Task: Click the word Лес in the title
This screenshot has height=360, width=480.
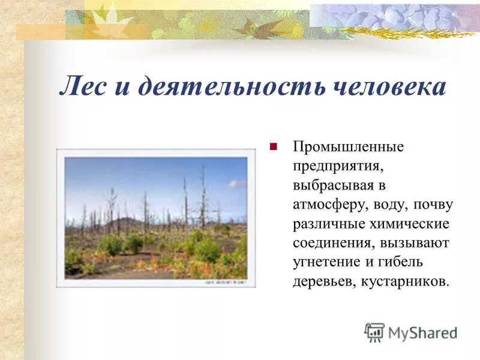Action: pyautogui.click(x=85, y=87)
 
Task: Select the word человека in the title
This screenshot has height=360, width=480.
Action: pyautogui.click(x=389, y=87)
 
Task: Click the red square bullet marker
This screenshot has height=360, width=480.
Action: pyautogui.click(x=274, y=146)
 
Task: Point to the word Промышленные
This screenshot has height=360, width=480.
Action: pyautogui.click(x=348, y=146)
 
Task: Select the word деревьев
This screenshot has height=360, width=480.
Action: pyautogui.click(x=322, y=281)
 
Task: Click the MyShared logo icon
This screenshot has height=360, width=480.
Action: pyautogui.click(x=374, y=332)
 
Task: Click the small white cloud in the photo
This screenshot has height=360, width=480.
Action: pyautogui.click(x=237, y=184)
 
